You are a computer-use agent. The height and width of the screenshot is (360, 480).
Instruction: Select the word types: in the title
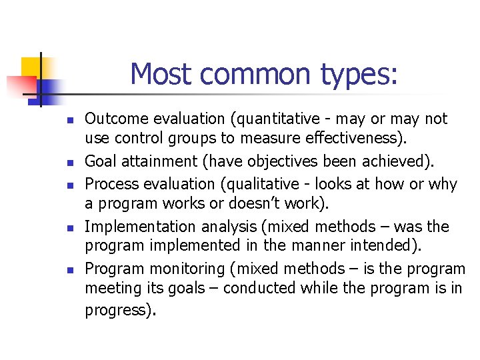(x=361, y=73)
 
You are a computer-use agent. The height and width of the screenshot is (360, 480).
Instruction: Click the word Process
(x=109, y=183)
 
